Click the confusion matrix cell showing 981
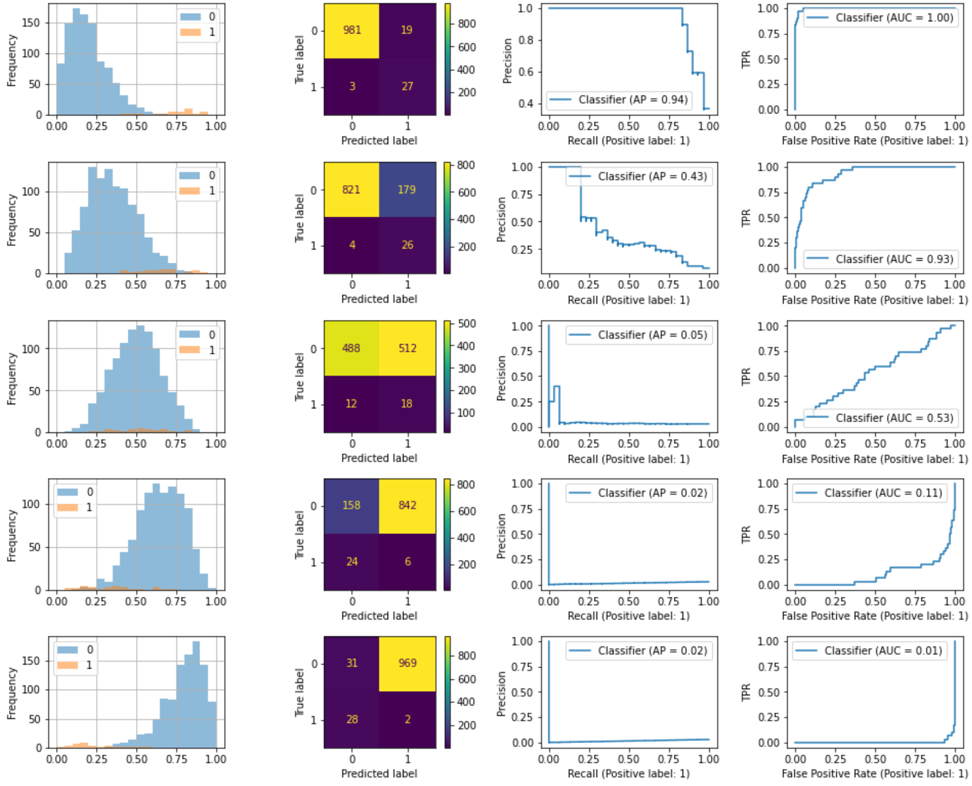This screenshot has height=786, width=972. pos(352,30)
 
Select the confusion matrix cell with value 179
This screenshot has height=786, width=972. pos(407,189)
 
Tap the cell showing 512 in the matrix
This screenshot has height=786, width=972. pos(407,348)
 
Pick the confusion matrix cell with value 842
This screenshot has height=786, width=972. pos(407,505)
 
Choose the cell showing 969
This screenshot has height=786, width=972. pos(407,663)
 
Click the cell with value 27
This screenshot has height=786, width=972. pos(407,86)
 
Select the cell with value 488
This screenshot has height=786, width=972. pos(351,348)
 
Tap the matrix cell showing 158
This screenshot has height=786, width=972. pos(351,505)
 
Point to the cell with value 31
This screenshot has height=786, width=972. pos(351,663)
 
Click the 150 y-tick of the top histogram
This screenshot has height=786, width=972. pos(31,23)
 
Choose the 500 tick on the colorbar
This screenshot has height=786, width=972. pos(467,324)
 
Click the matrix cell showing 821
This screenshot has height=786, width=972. pos(351,189)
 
